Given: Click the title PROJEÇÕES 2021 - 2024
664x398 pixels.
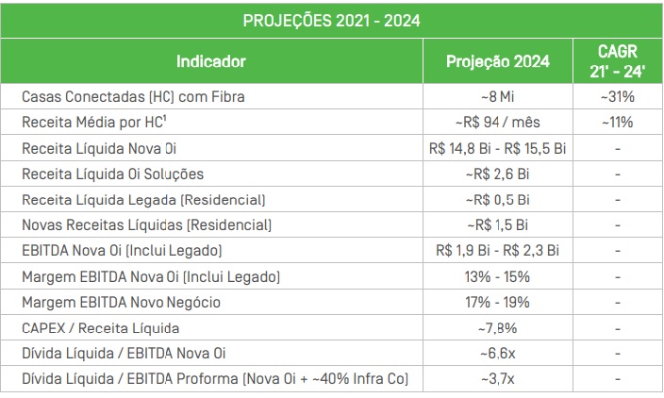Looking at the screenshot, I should coord(331,19).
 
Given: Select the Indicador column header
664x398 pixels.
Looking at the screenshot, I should coord(210,61).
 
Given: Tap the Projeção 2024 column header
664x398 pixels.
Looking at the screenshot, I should coord(497,61).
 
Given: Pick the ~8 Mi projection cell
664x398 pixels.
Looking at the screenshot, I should coord(497,96).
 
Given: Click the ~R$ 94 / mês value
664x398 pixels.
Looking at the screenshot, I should coord(497,122).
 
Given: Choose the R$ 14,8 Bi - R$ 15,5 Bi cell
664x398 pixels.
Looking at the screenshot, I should coord(497,148).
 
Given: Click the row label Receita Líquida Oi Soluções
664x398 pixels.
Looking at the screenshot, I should coord(112,174).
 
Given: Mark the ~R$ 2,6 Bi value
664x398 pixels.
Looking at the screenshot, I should coord(497,174).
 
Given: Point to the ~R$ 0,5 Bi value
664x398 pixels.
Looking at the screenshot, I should coord(497,199).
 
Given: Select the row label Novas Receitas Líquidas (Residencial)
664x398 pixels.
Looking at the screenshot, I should coord(146,224).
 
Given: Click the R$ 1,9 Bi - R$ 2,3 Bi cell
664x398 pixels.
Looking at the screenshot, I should coord(497,251).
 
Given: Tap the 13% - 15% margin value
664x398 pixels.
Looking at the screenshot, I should coord(497,276).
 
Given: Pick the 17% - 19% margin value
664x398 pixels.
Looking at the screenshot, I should coord(497,302).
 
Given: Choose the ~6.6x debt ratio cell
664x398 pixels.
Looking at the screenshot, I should coord(497,354).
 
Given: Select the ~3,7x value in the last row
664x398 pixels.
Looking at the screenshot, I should coord(497,379).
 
